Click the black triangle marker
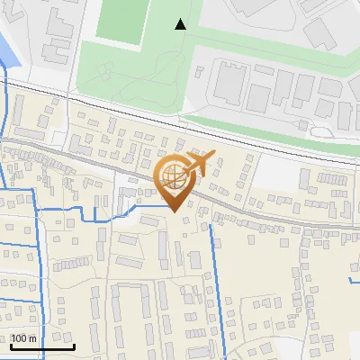coord(181,24)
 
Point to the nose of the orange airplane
coord(213,157)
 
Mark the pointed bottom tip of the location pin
coord(173,212)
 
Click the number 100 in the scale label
coord(20,338)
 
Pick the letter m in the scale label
coord(32,338)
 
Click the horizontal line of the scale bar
coord(42,346)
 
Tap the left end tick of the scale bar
coord(12,345)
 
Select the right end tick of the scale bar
coord(73,345)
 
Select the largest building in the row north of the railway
coord(229,83)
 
